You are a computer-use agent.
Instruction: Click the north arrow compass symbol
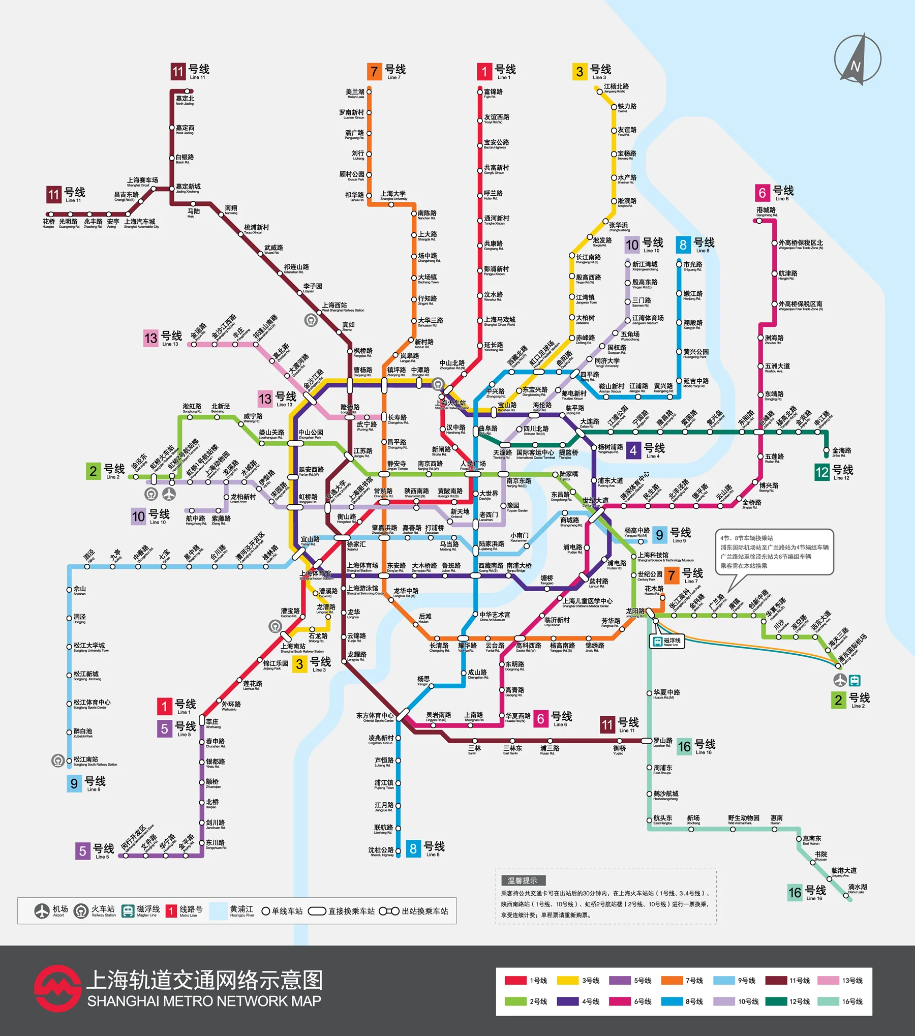coord(858,59)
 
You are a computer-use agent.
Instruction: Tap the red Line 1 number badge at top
coord(484,72)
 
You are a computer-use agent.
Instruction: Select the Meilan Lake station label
coord(355,93)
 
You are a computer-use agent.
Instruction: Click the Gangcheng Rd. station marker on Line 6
coord(759,221)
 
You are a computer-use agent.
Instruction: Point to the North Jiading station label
coord(185,100)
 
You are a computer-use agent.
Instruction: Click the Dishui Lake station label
coord(857,888)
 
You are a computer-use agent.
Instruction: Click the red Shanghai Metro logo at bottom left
coord(57,988)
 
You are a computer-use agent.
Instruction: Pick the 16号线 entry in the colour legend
coord(851,1001)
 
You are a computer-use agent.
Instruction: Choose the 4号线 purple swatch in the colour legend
coord(567,1001)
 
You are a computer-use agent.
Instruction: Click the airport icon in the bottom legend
coord(42,911)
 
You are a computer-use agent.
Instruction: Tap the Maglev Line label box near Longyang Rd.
coord(666,642)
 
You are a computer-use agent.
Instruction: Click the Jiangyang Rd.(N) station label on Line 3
coord(616,88)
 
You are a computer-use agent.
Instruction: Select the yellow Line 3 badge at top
coord(579,72)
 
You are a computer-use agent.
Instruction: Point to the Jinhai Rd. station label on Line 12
coord(841,451)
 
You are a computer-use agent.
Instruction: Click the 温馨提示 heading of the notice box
coord(522,880)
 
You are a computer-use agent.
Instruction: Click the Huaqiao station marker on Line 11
coord(49,215)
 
